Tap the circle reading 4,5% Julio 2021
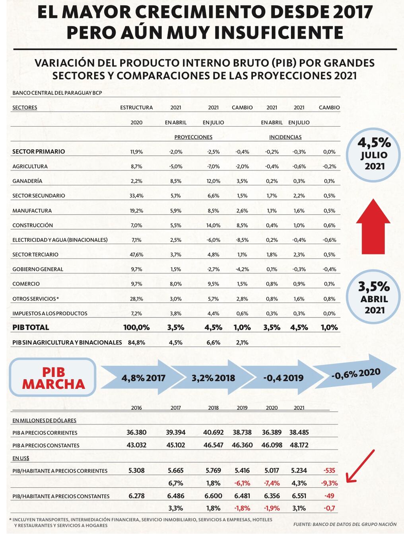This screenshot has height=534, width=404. pyautogui.click(x=373, y=155)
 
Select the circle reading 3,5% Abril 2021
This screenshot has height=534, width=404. pyautogui.click(x=373, y=297)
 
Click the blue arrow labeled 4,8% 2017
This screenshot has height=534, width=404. pyautogui.click(x=143, y=378)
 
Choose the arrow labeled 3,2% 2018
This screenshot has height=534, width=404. pyautogui.click(x=213, y=378)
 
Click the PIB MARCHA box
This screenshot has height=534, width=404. pyautogui.click(x=53, y=378)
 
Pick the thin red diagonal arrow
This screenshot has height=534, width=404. pyautogui.click(x=360, y=466)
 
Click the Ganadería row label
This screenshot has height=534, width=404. pyautogui.click(x=27, y=181)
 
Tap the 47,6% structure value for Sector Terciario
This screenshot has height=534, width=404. pyautogui.click(x=136, y=254)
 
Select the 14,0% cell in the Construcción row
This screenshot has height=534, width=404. pyautogui.click(x=213, y=225)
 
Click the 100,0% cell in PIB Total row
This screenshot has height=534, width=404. pyautogui.click(x=136, y=327)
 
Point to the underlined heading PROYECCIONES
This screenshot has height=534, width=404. pyautogui.click(x=193, y=137)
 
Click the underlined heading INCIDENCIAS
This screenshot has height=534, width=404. pyautogui.click(x=285, y=137)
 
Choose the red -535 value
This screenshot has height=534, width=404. pyautogui.click(x=329, y=471)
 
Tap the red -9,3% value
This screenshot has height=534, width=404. pyautogui.click(x=329, y=483)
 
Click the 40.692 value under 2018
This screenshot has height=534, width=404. pyautogui.click(x=213, y=432)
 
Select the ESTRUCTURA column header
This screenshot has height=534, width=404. pyautogui.click(x=136, y=108)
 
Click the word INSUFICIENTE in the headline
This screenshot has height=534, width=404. pyautogui.click(x=255, y=32)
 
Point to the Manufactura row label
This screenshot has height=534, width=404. pyautogui.click(x=32, y=211)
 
